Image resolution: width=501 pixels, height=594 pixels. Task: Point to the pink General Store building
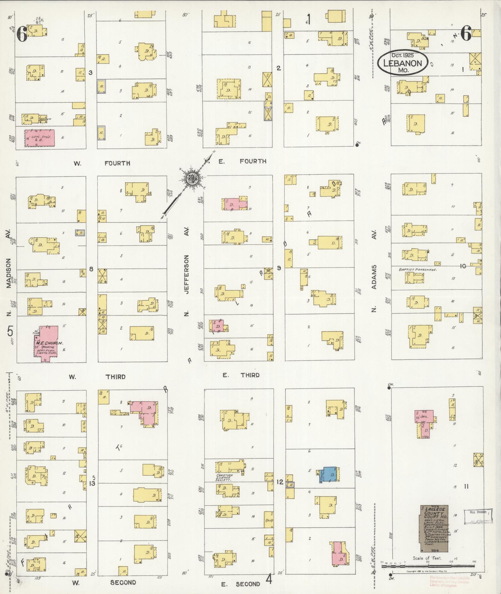click(39, 138)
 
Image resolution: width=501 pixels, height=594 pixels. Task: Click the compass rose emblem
click(190, 178)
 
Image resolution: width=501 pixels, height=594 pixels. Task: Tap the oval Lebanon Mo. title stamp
click(403, 63)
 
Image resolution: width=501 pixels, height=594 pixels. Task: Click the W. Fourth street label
click(102, 163)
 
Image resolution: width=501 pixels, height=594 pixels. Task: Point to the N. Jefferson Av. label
click(186, 273)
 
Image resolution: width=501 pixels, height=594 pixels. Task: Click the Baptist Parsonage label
click(418, 270)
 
